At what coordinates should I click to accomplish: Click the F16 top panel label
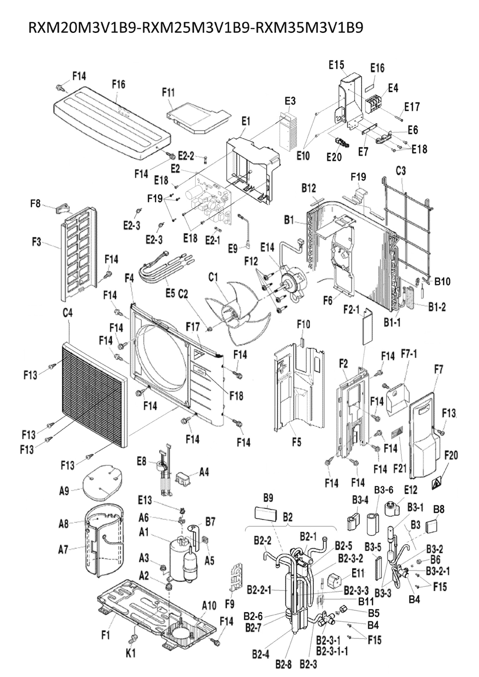pyautogui.click(x=118, y=84)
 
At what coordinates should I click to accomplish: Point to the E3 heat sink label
pyautogui.click(x=290, y=101)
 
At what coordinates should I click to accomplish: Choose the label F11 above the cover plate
pyautogui.click(x=169, y=92)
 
